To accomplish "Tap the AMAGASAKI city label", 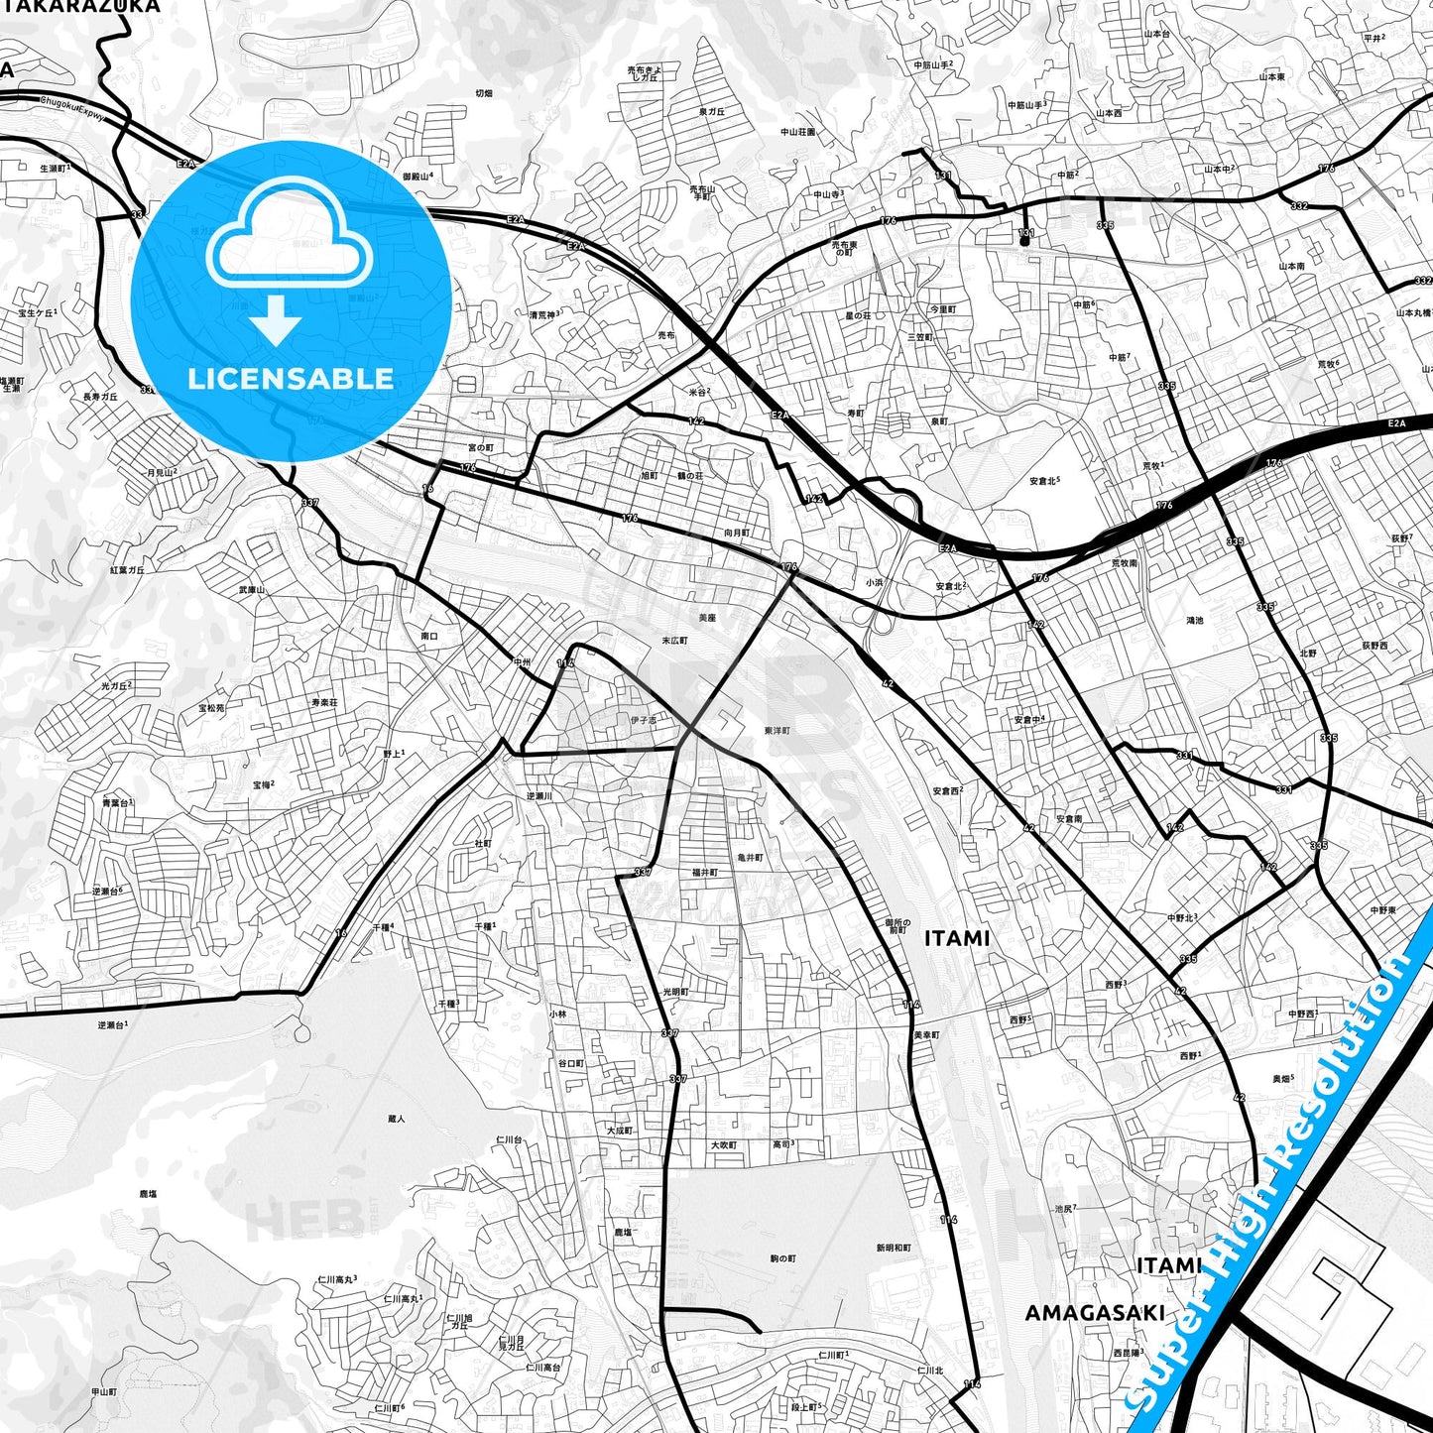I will (1095, 1313).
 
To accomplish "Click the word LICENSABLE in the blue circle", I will (291, 379).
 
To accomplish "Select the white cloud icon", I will (289, 234).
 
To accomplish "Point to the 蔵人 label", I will (397, 1119).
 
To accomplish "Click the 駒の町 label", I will (782, 1258).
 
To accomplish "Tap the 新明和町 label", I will (894, 1248).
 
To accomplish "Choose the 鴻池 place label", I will (1194, 621).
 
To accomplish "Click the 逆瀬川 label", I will (538, 796).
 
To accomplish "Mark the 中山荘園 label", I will (797, 132).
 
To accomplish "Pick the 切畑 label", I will (483, 93).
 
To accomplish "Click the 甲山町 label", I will (104, 1392).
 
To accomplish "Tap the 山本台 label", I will (1157, 34).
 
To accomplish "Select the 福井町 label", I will (704, 873).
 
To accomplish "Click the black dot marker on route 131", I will (1023, 241).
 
